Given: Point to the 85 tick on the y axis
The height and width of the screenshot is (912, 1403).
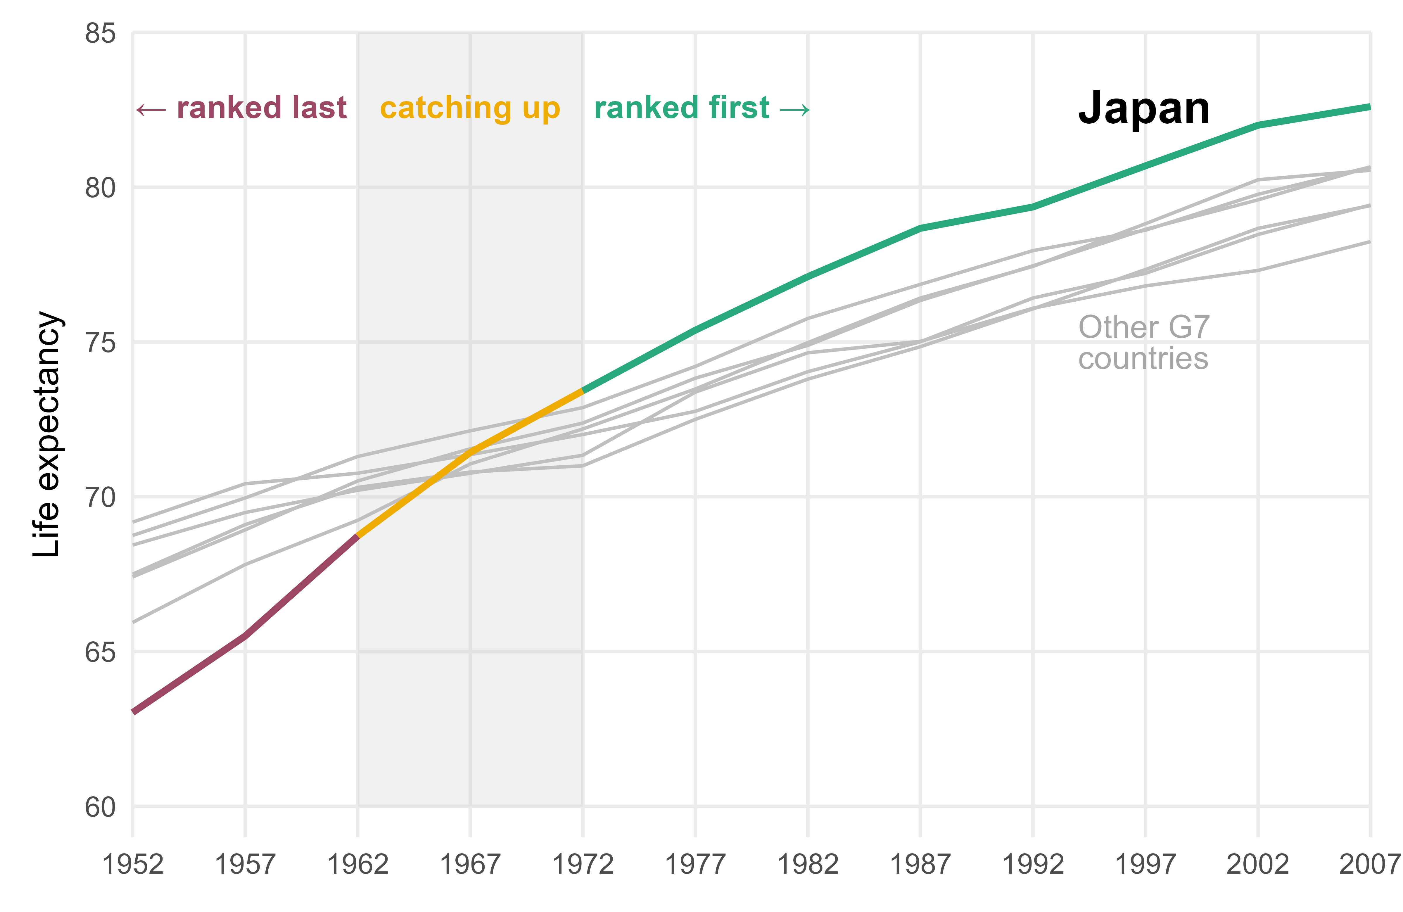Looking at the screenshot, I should point(100,34).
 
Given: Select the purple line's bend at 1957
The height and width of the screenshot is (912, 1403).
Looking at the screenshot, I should point(245,635).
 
